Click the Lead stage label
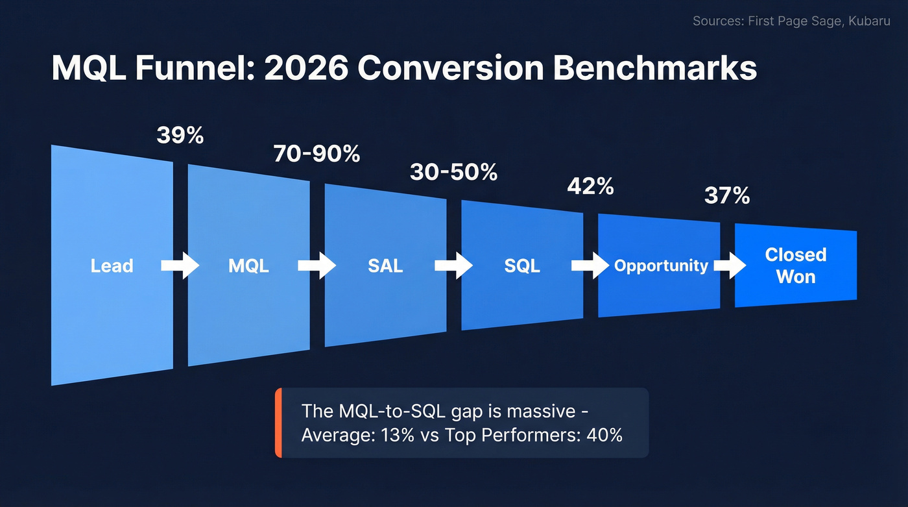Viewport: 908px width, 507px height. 112,266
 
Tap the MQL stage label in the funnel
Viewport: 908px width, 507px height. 248,266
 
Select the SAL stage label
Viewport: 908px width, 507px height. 385,266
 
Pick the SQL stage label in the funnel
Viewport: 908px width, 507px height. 522,266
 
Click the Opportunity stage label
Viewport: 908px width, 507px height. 661,266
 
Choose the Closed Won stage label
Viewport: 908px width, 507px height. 796,266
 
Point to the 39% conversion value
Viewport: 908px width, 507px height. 180,136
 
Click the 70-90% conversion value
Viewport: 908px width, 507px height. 317,155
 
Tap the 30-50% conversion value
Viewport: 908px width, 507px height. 453,172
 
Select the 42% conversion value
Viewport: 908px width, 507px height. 590,186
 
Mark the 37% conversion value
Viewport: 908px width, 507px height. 727,195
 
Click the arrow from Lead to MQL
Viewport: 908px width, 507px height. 180,266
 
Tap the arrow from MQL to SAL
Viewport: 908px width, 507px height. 317,266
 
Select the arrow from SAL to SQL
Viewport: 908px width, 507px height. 454,266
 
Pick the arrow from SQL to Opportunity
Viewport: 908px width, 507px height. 590,266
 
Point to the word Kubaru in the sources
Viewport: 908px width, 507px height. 872,21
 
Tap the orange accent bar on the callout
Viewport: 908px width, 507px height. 278,423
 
